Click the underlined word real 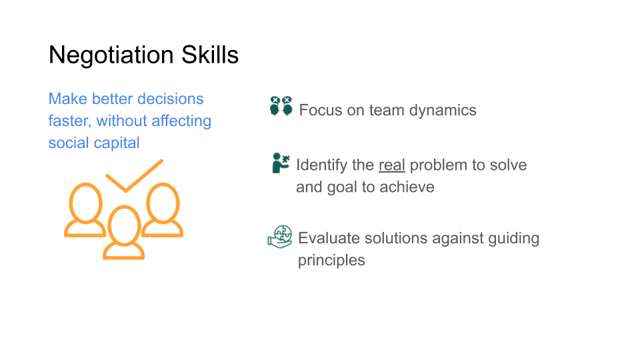coord(392,165)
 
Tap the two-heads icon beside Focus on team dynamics coord(281,106)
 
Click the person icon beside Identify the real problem coord(280,163)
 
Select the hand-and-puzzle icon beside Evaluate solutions coord(280,236)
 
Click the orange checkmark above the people coord(133,175)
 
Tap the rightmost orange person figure coord(162,211)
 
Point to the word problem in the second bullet coord(437,165)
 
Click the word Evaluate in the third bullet coord(327,239)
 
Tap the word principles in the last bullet coord(331,260)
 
